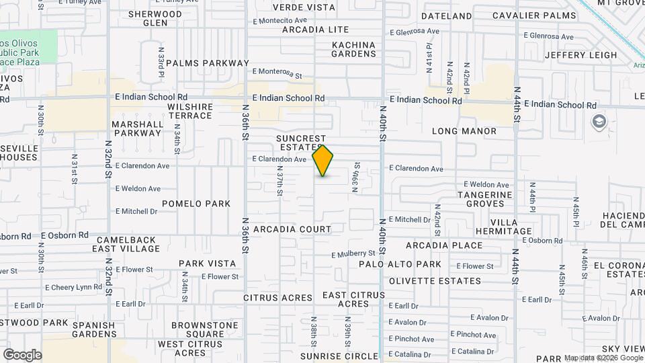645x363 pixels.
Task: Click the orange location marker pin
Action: [322, 160]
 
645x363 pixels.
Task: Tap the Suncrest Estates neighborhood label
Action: [301, 143]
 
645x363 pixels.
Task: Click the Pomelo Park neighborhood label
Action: [196, 204]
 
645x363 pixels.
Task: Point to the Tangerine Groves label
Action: [484, 199]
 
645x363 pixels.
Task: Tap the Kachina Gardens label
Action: [353, 49]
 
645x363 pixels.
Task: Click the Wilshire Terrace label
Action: [190, 111]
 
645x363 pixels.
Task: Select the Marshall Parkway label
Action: [138, 128]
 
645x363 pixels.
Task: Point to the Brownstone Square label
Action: [204, 329]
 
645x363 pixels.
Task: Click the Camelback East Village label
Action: [127, 244]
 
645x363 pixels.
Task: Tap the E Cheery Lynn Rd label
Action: [73, 287]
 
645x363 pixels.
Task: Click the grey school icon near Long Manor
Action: [598, 122]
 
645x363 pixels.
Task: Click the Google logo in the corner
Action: [22, 355]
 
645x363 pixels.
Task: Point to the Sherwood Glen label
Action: [155, 18]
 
